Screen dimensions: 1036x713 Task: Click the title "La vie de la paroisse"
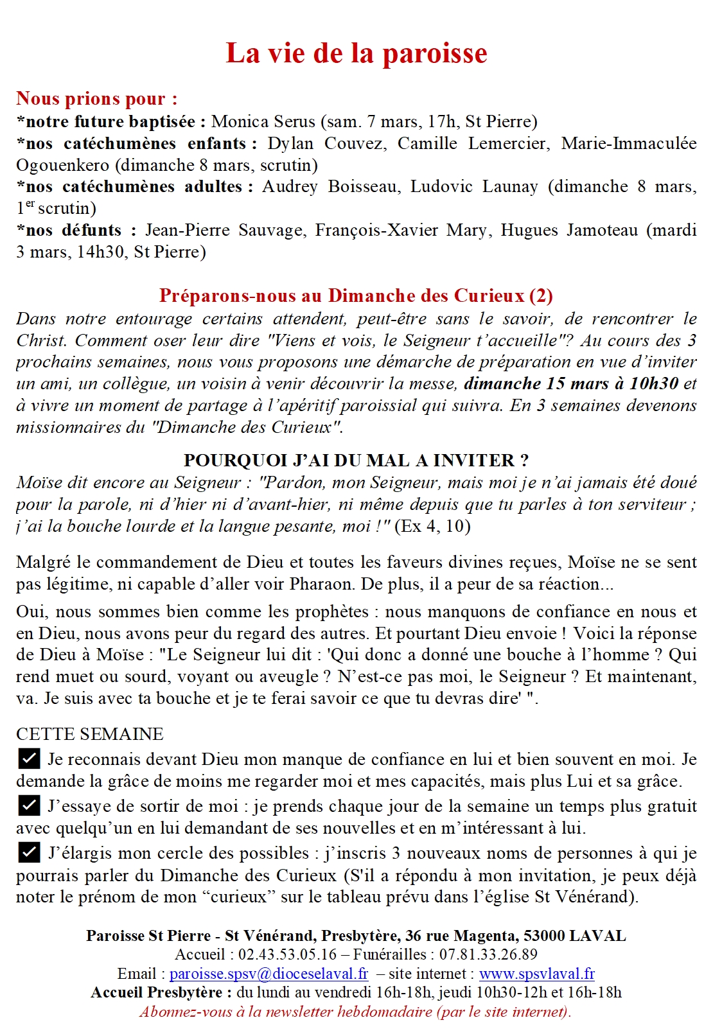(356, 53)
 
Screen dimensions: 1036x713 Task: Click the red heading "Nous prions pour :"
(96, 99)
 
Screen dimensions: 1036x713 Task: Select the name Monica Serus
(263, 121)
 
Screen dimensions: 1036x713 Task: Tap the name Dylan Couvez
(327, 143)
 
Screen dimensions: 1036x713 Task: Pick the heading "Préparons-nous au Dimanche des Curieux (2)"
(356, 295)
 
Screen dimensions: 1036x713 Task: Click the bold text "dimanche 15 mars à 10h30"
(571, 383)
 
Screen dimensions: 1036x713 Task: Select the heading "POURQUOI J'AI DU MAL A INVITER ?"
(356, 461)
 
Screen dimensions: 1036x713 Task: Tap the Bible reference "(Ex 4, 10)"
(432, 526)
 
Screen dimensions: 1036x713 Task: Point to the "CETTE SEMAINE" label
(90, 734)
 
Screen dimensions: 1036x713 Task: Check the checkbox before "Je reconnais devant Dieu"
(29, 759)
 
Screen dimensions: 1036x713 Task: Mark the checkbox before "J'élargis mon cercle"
(29, 852)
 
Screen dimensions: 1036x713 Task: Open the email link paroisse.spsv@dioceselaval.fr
(268, 974)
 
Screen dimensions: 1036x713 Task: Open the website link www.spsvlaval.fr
(536, 974)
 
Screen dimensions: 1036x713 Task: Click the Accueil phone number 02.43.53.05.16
(287, 954)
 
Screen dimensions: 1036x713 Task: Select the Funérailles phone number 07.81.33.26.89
(488, 954)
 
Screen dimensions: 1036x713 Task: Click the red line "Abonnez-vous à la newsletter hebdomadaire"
(355, 1012)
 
